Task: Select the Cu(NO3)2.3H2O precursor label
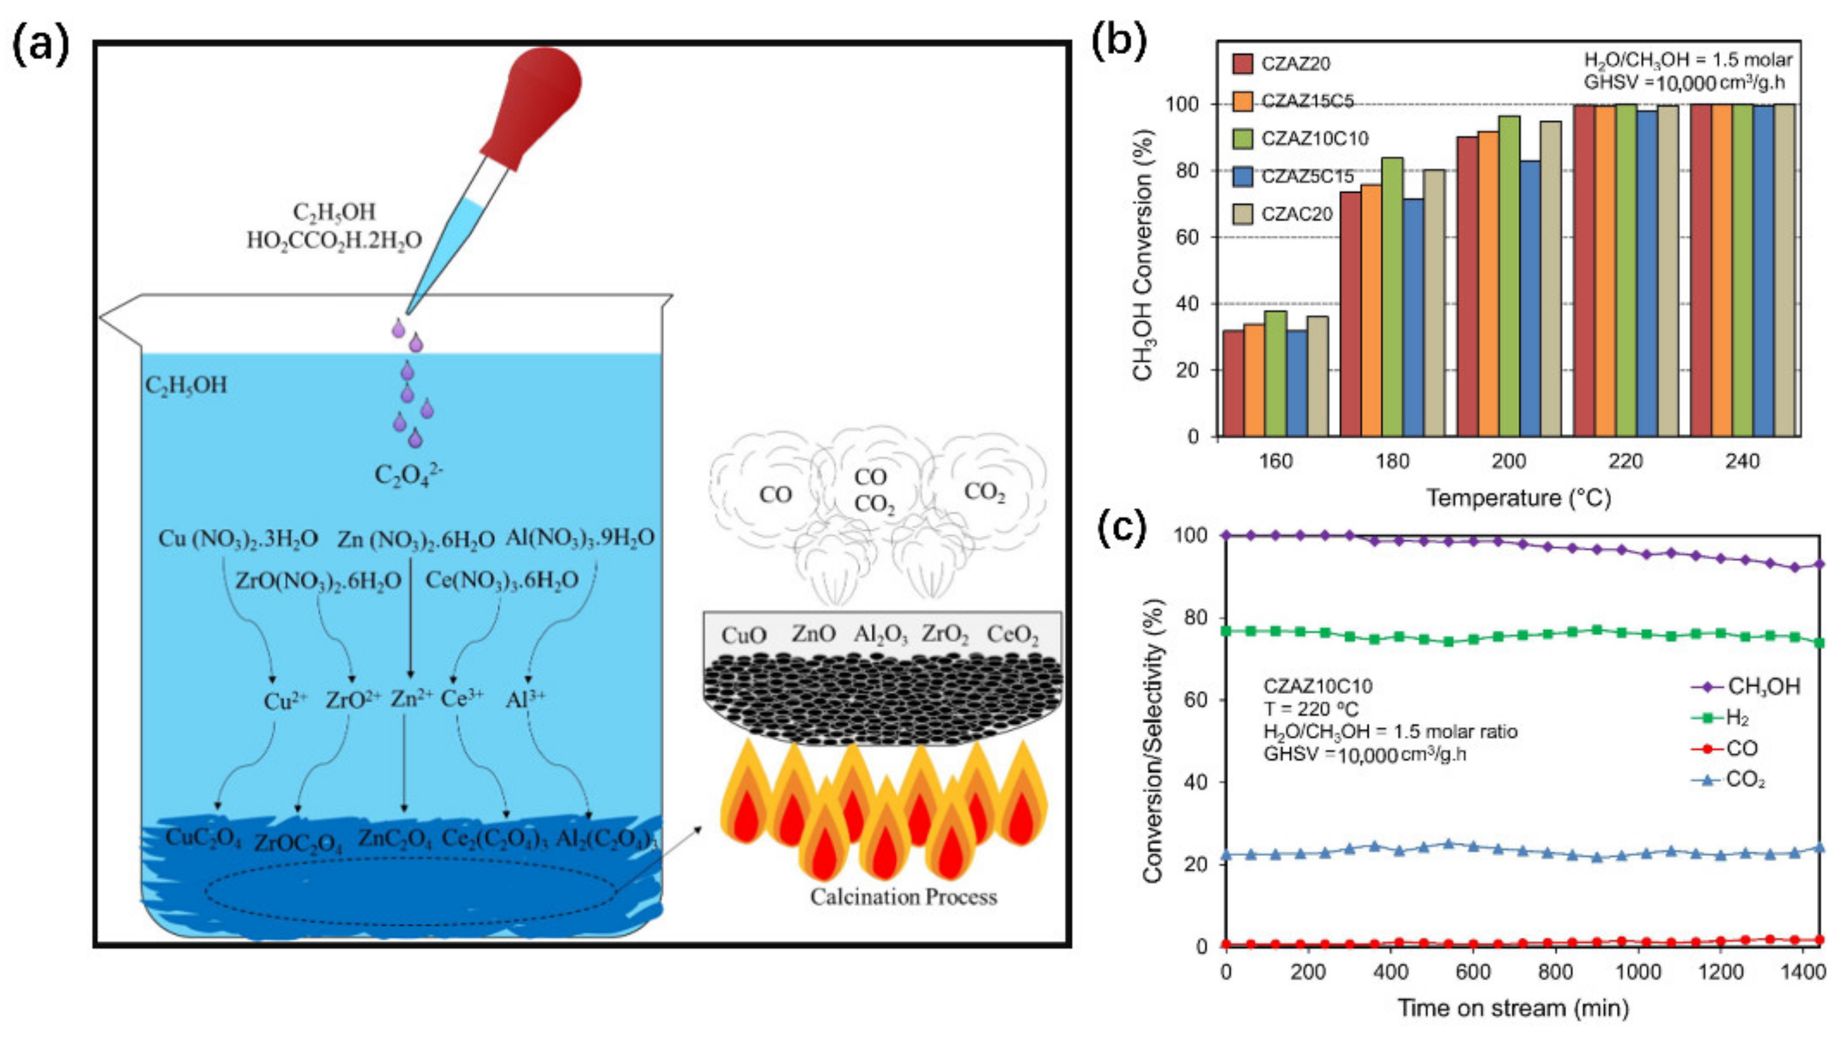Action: (x=238, y=539)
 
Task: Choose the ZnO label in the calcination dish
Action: (x=813, y=634)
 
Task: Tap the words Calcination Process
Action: (x=903, y=897)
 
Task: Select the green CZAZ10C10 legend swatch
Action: (x=1243, y=138)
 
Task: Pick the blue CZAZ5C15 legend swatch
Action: (x=1243, y=176)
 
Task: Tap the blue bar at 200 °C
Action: (x=1530, y=299)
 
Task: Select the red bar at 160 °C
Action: (x=1234, y=384)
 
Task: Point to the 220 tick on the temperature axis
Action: (x=1626, y=461)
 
